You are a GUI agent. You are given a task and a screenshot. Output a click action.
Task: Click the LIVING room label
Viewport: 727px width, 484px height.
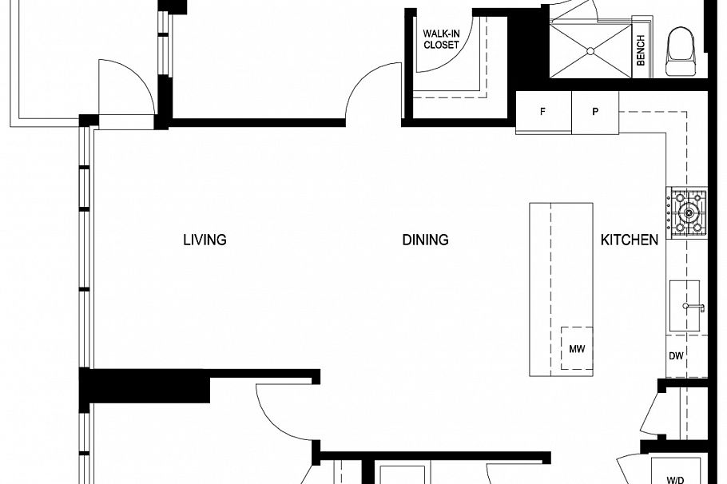205,240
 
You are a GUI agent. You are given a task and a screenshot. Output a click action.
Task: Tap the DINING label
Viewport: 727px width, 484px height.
425,240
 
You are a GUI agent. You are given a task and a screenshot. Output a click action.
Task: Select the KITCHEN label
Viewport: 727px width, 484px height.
630,240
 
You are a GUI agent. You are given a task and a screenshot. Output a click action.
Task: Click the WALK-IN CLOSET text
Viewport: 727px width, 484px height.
441,40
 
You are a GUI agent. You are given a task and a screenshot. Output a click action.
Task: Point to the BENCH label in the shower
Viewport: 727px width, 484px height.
641,50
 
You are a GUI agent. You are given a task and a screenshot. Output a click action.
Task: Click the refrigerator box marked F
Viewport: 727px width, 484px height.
543,112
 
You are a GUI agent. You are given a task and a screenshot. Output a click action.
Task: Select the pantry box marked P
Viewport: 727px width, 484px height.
595,112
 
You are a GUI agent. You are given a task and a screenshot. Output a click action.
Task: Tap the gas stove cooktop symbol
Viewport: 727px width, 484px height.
687,213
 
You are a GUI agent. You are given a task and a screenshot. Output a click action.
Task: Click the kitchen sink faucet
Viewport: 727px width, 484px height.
692,307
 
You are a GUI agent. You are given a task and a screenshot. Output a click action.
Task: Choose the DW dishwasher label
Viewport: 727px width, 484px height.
677,356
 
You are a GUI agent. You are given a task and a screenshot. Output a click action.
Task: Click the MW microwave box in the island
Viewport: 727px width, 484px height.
576,348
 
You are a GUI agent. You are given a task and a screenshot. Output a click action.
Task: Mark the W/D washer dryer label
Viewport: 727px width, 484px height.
675,479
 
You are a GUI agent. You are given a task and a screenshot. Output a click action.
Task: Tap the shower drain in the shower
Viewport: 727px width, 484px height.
590,51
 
